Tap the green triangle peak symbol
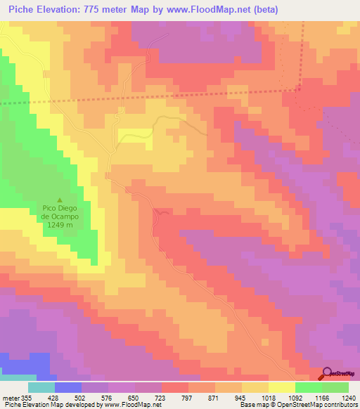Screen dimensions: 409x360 (x=59, y=199)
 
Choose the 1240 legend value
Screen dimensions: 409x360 (x=347, y=397)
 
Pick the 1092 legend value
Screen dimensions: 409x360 (x=295, y=397)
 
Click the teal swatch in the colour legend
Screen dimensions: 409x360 (x=41, y=387)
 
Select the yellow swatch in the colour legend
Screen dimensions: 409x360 (x=281, y=387)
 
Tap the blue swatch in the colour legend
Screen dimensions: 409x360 (x=68, y=387)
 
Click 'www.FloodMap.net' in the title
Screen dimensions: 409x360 (x=207, y=9)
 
